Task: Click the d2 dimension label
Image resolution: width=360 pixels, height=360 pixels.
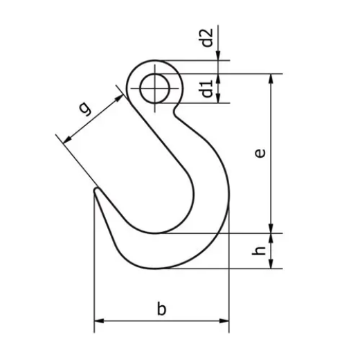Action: [206, 39]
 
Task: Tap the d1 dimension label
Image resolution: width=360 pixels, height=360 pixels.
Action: [206, 89]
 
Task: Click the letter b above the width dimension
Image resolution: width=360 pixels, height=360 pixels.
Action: [161, 309]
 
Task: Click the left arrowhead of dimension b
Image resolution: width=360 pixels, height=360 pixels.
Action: [98, 321]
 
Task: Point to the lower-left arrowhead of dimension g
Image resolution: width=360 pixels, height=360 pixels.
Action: [66, 141]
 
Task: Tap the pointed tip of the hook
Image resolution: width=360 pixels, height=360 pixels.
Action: [95, 189]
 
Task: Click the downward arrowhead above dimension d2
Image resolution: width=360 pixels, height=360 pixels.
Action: [219, 57]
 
